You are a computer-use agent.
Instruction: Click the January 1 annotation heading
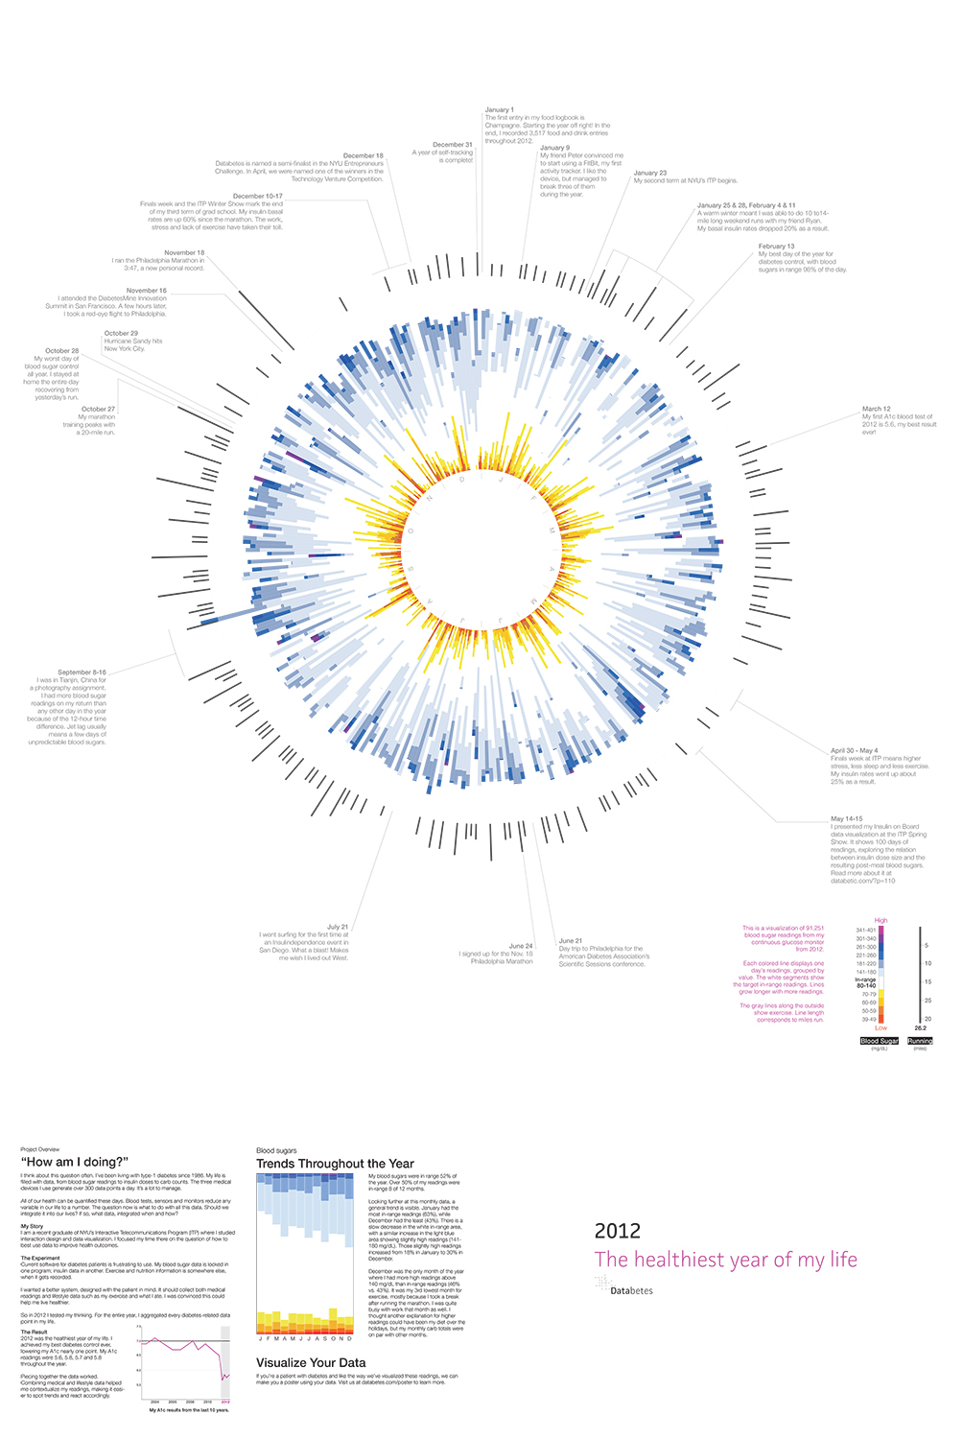[x=499, y=110]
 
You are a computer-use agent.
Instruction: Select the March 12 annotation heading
[x=876, y=409]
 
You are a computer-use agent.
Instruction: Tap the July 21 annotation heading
[x=338, y=927]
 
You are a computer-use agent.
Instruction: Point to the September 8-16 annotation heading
[x=82, y=672]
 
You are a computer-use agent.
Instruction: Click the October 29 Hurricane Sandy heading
[x=121, y=333]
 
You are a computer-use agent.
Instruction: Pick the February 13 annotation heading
[x=776, y=247]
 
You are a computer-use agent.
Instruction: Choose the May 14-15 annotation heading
[x=846, y=819]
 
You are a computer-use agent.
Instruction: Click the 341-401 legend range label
[x=865, y=930]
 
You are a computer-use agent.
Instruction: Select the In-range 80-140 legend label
[x=865, y=982]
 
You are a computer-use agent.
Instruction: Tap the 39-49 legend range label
[x=868, y=1019]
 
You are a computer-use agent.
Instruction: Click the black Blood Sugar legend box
[x=880, y=1041]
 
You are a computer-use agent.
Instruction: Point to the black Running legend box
[x=920, y=1041]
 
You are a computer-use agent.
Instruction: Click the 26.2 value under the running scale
[x=920, y=1028]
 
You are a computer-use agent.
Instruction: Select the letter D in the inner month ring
[x=462, y=479]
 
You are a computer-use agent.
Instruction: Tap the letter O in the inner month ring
[x=411, y=531]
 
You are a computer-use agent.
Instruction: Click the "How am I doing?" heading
[x=74, y=1162]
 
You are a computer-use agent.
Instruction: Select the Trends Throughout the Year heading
[x=335, y=1164]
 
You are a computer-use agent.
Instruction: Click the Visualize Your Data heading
[x=311, y=1362]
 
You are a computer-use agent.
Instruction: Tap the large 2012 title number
[x=617, y=1231]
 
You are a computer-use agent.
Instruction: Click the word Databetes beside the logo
[x=631, y=1290]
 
